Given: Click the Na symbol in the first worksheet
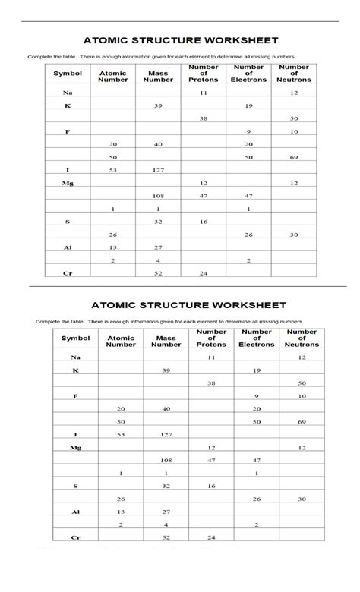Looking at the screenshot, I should coord(67,93).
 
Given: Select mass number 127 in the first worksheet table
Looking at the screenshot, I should coord(158,170).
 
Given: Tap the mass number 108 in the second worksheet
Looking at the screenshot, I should coord(166,460).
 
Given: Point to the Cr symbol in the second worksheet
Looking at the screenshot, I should coord(75,537).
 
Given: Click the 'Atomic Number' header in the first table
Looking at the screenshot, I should coord(113,76).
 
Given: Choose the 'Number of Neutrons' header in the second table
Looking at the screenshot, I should coord(302,339).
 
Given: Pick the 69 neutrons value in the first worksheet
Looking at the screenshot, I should coord(294,157).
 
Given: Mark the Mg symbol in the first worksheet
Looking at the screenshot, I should coord(68,183).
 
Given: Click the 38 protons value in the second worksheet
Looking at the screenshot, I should coord(211,383).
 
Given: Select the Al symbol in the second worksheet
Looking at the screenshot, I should coord(75,512).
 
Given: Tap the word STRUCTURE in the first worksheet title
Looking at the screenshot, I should coord(175,40).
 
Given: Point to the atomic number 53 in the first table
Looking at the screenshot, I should coord(113,170).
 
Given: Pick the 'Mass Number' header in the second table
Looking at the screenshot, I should coord(166,341).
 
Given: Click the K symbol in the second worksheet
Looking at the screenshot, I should coord(75,370).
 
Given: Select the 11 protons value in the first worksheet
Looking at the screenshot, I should coord(203,93).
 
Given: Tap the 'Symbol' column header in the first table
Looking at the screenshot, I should coord(67,74).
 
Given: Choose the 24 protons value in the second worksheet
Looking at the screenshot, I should coord(211,537).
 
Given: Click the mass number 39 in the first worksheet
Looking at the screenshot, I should coord(158,105).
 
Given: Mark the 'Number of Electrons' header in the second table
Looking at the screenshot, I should coord(257,339).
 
